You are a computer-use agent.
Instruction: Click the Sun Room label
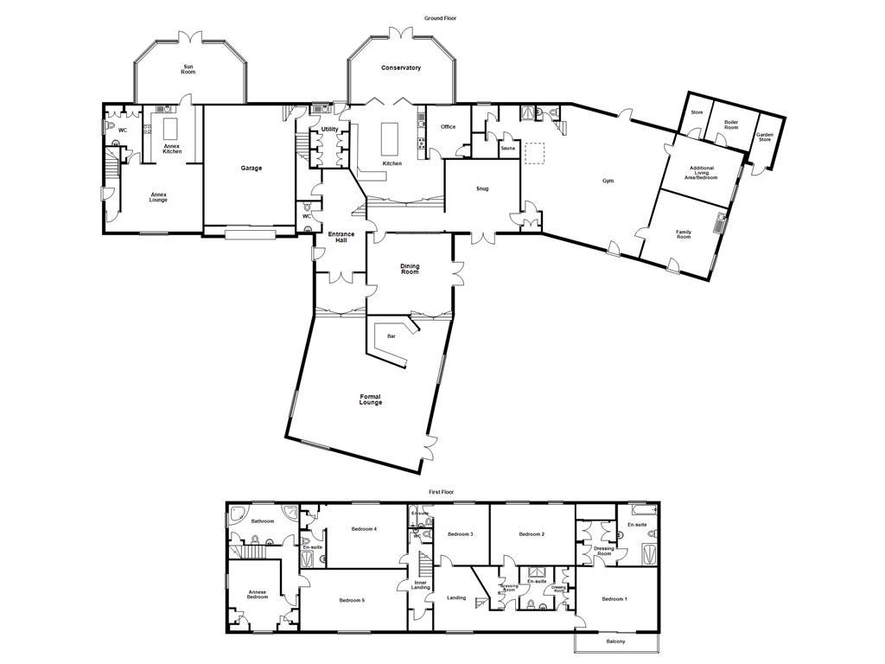188,69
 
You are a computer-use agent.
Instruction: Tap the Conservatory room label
401,67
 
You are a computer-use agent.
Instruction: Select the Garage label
251,169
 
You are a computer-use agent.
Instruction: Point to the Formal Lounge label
371,399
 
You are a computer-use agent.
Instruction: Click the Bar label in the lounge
392,335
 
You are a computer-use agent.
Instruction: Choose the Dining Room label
410,269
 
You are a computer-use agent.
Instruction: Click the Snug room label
482,188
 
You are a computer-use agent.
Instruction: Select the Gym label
608,182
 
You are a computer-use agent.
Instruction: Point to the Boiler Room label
731,125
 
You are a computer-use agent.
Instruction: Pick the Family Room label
684,234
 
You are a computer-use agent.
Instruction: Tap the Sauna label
507,149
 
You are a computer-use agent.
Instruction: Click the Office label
448,127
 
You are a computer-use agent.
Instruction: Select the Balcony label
615,642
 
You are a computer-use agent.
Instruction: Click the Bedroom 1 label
614,599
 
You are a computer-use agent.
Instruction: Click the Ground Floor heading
440,17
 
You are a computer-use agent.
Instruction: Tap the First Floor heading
441,491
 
